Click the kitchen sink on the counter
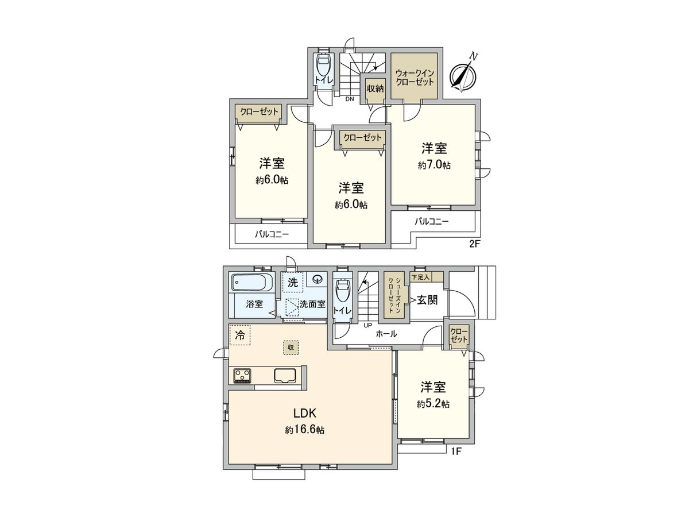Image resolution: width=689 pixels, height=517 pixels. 285,376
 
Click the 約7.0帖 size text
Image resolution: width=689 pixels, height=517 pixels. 434,165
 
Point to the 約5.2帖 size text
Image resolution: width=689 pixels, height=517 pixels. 433,404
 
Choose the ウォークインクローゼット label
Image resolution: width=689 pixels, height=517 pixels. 415,78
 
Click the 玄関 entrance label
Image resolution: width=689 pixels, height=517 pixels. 428,299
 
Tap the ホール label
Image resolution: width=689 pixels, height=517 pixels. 386,334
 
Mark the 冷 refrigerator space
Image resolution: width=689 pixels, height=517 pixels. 241,335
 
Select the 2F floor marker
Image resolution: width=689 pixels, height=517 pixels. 474,244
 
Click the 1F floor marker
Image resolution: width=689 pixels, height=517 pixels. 455,451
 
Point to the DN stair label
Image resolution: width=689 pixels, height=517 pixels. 349,99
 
